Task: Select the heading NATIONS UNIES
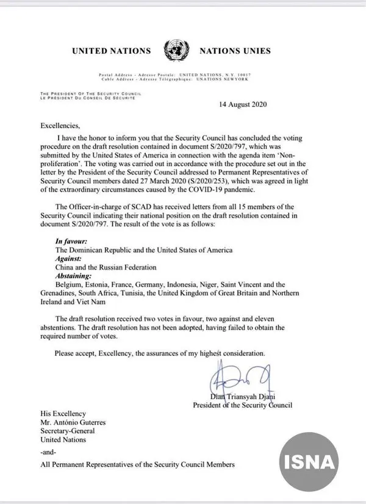[234, 51]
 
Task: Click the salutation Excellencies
[60, 126]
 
